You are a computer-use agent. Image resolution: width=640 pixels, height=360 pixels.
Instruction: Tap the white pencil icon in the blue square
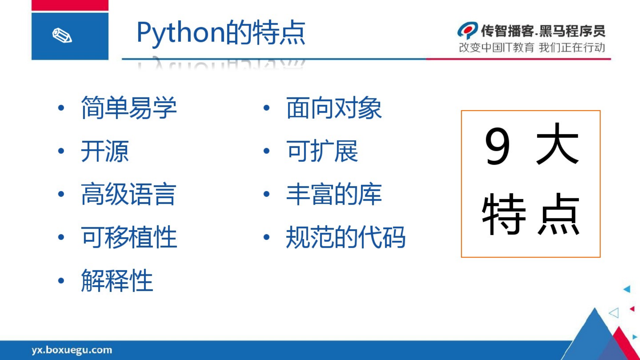pos(62,35)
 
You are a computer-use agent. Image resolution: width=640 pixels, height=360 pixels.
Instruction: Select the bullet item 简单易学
pos(129,108)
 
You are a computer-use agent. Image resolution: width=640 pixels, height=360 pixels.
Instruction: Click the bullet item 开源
pos(105,151)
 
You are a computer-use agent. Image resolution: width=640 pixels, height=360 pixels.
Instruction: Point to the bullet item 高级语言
pos(129,194)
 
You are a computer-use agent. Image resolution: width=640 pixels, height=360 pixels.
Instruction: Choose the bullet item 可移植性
pos(129,237)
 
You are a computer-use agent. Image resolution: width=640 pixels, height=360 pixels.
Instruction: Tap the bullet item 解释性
pos(117,281)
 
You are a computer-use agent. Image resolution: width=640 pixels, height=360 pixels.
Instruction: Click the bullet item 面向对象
pos(334,108)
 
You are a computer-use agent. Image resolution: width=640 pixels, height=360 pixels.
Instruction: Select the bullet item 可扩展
pos(322,151)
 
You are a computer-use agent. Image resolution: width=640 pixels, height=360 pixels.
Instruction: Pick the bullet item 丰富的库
pos(334,194)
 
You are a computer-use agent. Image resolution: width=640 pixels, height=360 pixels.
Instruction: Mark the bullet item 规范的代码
pos(346,237)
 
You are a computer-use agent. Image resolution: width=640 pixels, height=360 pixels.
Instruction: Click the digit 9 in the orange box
pos(497,146)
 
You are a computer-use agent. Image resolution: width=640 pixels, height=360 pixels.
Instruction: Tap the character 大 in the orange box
pos(557,144)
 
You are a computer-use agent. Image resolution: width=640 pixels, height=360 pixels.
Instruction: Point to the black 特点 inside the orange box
pos(531,214)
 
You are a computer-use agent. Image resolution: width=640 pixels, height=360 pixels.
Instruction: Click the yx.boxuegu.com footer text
pos(72,350)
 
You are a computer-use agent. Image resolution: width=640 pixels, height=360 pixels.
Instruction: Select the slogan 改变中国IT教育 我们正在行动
pos(532,48)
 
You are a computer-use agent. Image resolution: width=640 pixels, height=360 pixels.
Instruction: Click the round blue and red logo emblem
pos(468,30)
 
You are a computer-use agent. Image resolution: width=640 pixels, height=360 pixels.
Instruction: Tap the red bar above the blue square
pos(70,5)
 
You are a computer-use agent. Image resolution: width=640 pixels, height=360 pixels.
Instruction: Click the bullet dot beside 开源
pos(61,151)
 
